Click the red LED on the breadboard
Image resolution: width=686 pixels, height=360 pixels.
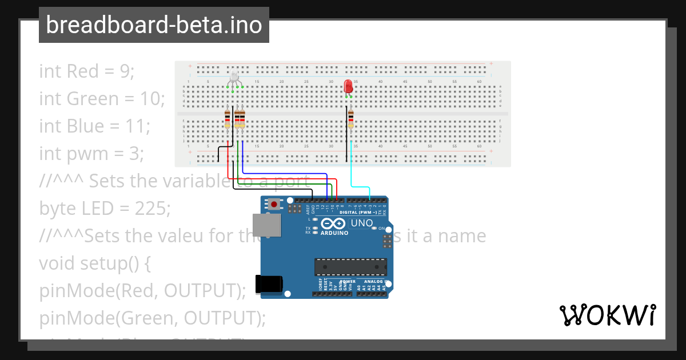(348, 86)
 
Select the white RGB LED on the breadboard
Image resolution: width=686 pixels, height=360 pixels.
(234, 79)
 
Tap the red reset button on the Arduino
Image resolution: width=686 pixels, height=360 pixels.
(275, 204)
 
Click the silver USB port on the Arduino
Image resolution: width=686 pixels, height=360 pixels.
(266, 225)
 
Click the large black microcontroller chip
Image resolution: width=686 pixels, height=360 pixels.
(350, 267)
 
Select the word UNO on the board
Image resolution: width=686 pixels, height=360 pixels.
(361, 223)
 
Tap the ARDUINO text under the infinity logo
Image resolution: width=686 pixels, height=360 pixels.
(334, 233)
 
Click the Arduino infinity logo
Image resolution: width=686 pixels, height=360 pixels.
(334, 223)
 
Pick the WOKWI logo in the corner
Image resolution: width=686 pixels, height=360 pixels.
(607, 315)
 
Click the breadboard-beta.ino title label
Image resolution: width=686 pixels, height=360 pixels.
(154, 25)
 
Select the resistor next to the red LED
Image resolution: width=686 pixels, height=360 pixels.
(351, 119)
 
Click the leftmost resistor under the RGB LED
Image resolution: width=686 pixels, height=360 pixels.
(228, 119)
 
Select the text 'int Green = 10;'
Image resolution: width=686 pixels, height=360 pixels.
(102, 99)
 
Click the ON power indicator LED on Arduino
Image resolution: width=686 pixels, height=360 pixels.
(374, 228)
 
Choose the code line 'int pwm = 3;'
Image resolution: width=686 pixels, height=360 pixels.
(91, 154)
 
